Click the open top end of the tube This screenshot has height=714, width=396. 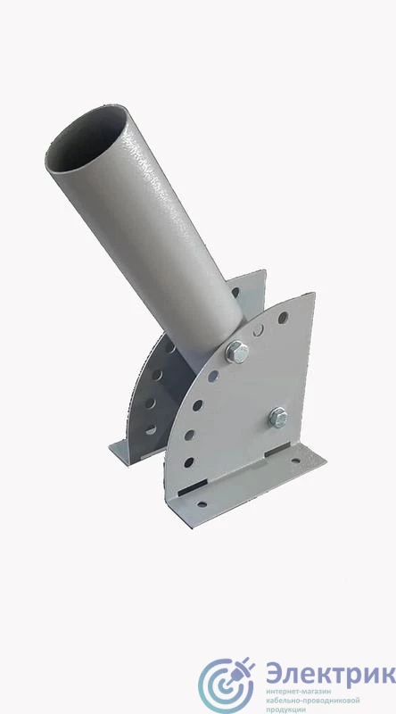87,139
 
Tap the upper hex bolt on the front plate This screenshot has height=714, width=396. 237,352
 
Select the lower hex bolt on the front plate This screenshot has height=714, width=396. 277,417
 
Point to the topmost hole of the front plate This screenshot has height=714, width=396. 283,318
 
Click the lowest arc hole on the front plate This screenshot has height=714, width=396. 189,462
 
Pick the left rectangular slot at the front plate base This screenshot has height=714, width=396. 193,488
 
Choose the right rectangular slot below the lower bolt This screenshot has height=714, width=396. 277,450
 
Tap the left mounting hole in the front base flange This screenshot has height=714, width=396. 202,504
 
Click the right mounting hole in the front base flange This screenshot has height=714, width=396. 296,461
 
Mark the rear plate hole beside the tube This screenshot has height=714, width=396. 235,292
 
